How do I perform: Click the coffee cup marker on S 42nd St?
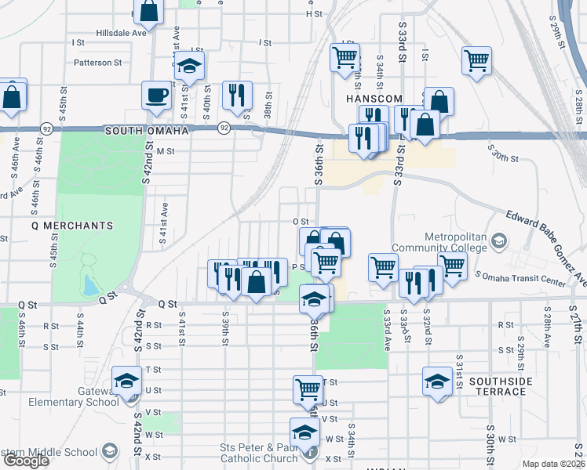[156, 96]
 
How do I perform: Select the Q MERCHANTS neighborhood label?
[72, 226]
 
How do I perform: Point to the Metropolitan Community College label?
[456, 242]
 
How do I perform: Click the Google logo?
[26, 461]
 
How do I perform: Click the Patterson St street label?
[98, 62]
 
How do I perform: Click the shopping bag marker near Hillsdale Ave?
[148, 12]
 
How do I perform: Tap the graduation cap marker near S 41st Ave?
[188, 67]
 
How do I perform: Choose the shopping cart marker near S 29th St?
[476, 60]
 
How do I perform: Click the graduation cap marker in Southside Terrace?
[438, 381]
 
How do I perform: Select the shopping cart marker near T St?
[308, 389]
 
